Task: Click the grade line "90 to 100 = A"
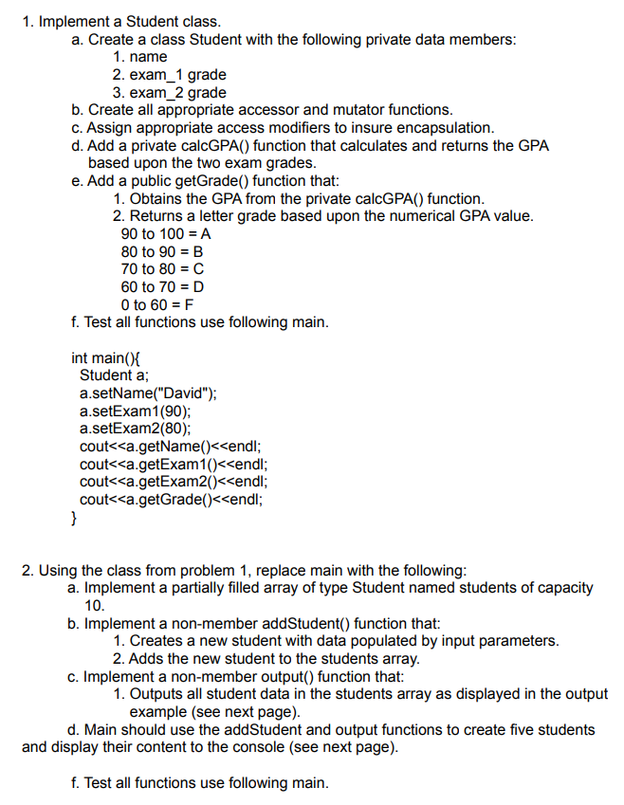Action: (167, 233)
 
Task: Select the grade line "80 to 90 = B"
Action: (162, 251)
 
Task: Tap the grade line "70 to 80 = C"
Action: (163, 269)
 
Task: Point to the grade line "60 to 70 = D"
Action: (163, 286)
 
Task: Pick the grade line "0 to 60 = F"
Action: (158, 304)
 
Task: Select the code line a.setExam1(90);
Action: (136, 412)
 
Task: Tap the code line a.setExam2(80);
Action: (136, 429)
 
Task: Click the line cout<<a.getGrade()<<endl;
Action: (172, 500)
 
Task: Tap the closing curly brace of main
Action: (75, 518)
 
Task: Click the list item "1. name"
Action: (139, 57)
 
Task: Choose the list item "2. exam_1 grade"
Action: (169, 74)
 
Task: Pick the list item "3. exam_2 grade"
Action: (169, 92)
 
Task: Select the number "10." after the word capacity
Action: (95, 605)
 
